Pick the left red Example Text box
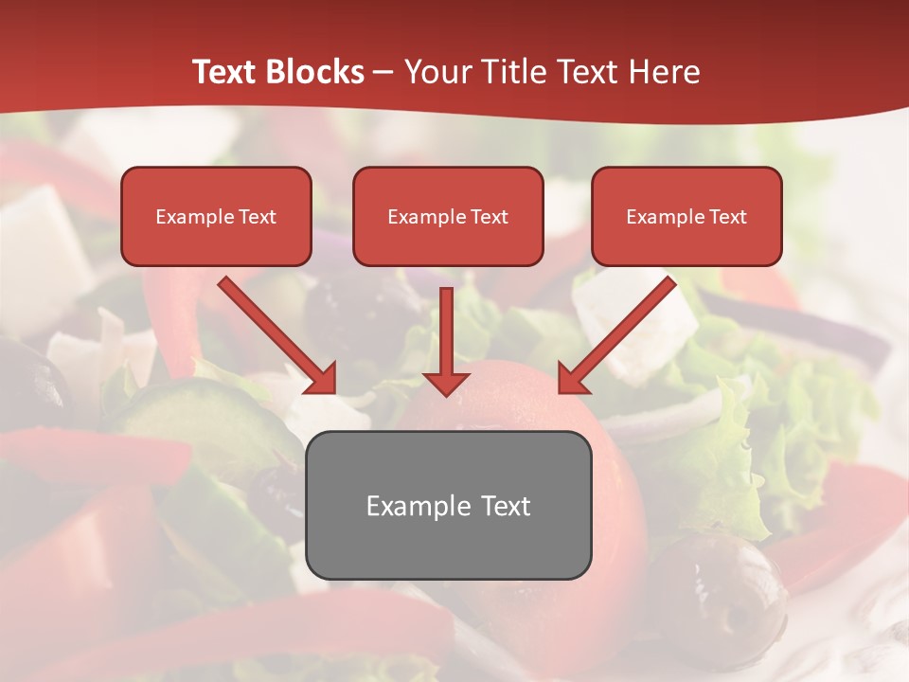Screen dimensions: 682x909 (216, 216)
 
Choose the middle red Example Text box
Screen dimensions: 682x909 (448, 216)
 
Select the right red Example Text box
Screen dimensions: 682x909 (686, 216)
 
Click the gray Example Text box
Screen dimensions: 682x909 (448, 505)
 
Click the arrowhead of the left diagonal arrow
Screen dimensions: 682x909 (321, 378)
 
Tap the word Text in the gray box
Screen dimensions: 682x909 (504, 506)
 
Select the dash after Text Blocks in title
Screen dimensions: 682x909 (383, 73)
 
